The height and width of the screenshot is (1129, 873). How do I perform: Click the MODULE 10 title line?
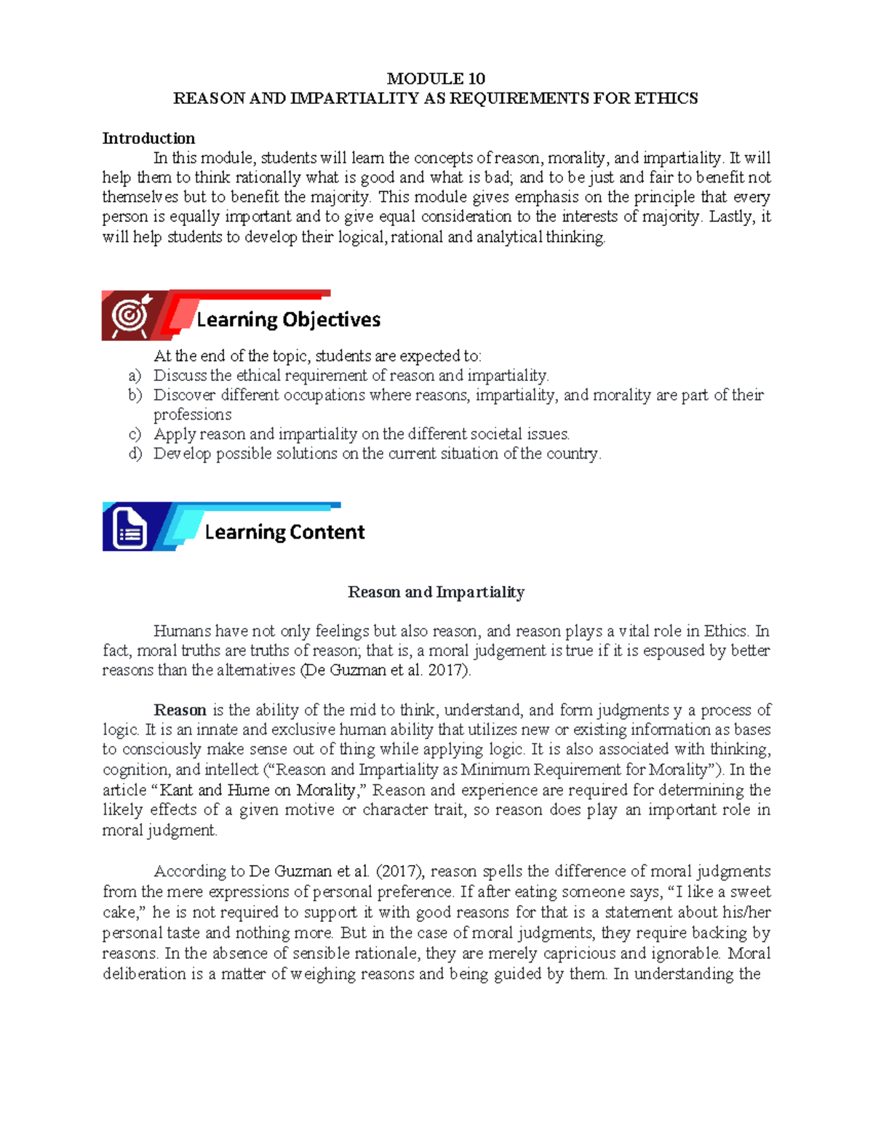[x=436, y=79]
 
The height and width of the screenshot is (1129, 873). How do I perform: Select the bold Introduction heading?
[x=148, y=138]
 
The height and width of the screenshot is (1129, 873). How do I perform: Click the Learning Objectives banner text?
[x=288, y=320]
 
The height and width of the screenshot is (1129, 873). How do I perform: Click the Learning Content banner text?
[x=284, y=532]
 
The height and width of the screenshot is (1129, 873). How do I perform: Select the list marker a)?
[x=134, y=376]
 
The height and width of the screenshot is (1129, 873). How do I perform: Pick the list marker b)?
[x=135, y=395]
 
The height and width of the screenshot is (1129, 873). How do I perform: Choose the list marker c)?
[x=134, y=435]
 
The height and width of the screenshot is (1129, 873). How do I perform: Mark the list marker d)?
[x=135, y=454]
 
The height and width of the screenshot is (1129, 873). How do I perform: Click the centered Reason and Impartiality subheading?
[x=436, y=592]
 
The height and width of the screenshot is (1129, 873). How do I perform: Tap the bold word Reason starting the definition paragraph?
[x=180, y=710]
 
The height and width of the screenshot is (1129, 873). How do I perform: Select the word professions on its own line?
[x=192, y=415]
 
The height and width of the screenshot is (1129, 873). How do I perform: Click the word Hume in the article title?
[x=248, y=790]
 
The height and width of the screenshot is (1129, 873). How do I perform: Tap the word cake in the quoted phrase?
[x=119, y=912]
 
